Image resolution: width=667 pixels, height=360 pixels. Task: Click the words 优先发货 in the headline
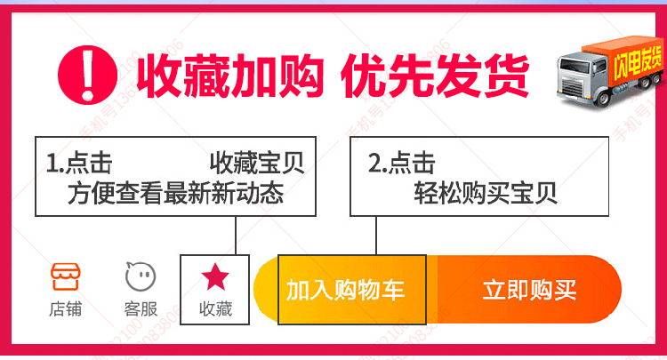(435, 72)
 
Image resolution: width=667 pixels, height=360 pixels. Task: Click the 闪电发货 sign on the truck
(637, 60)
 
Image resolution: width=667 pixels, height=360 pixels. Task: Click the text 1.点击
(79, 164)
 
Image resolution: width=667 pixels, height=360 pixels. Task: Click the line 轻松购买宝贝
(485, 193)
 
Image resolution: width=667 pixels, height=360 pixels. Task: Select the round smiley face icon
(141, 276)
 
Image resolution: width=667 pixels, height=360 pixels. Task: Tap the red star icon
(214, 277)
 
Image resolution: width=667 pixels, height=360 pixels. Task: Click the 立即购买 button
(530, 290)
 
